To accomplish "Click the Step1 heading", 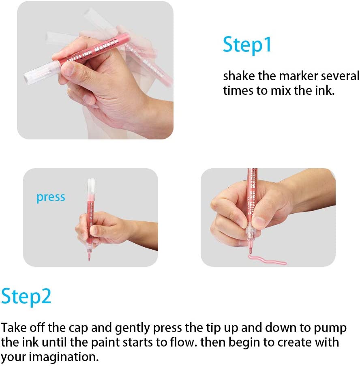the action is point(247,45).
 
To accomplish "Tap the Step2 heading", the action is point(26,296).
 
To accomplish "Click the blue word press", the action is point(51,197).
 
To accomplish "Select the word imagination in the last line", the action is point(64,357).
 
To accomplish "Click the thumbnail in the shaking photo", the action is point(67,68).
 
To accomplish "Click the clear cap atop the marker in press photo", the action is point(91,187).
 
